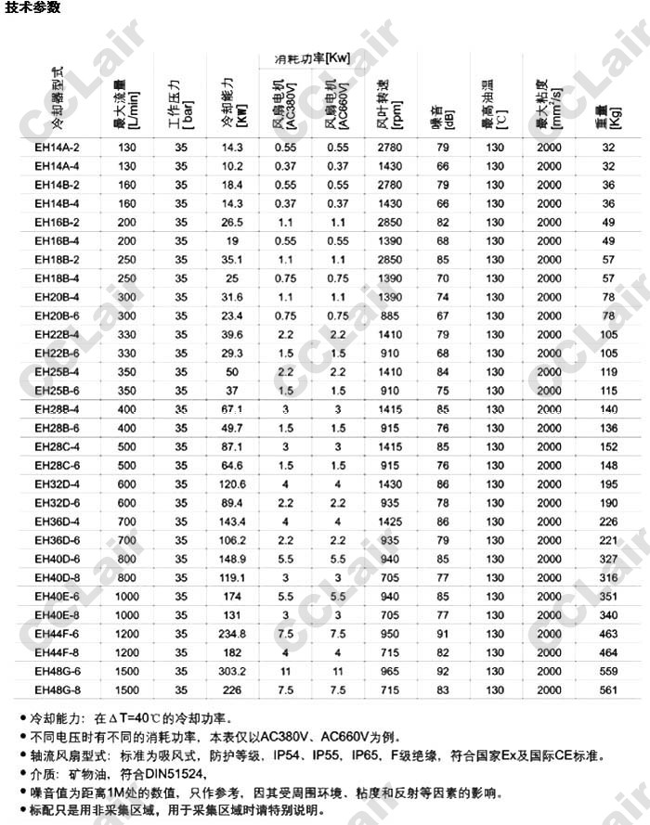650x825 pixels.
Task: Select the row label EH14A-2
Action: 58,148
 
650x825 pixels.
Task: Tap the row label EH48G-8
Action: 58,690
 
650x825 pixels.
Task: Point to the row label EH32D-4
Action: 58,483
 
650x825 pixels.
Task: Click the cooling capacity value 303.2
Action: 232,671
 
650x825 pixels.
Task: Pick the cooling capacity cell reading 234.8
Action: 232,633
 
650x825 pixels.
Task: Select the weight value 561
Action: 608,690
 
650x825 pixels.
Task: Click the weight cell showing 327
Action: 608,559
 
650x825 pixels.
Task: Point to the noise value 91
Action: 443,633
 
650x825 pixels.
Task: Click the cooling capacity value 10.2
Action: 232,166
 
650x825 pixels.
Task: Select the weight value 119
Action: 608,371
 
